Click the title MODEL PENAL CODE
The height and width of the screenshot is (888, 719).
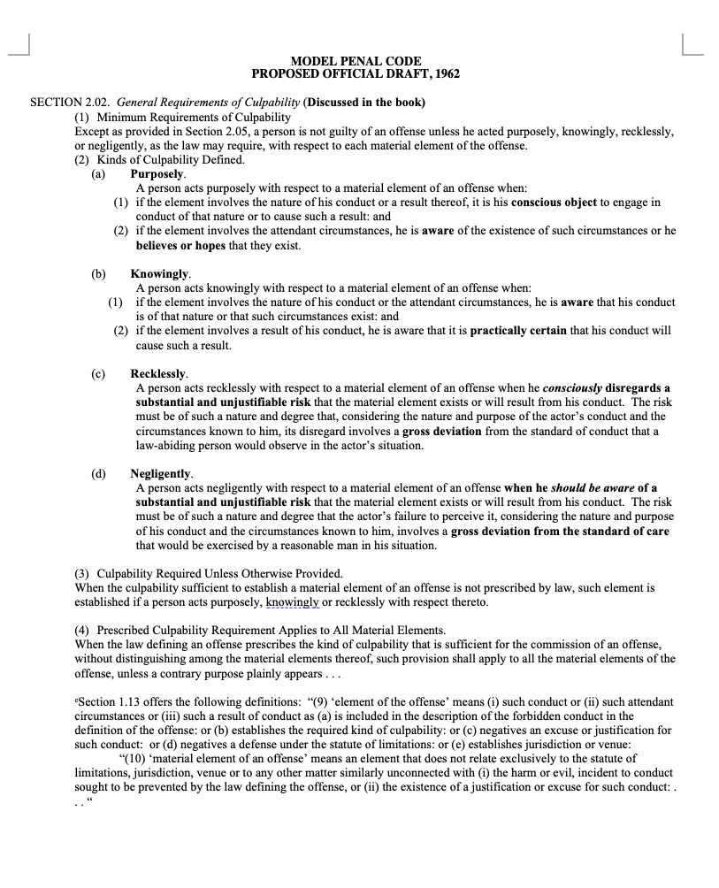(356, 60)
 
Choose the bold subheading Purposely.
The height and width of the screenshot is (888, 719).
(157, 174)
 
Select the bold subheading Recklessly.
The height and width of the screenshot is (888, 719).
(159, 374)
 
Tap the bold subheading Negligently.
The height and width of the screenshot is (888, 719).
(161, 474)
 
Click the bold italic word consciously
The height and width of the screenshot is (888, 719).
(571, 388)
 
